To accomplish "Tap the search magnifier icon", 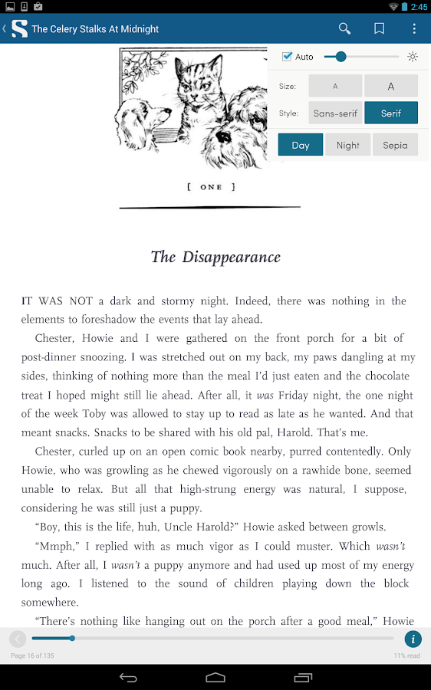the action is [345, 29].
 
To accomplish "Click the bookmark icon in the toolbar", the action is [379, 29].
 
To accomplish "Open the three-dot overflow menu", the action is [414, 29].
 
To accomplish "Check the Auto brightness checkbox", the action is [288, 57].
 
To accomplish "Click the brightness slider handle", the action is [341, 57].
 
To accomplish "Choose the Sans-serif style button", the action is [335, 113].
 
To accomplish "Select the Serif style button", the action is [391, 113].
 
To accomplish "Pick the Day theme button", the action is [301, 145].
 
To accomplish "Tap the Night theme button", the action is [347, 145].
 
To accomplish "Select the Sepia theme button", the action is [395, 145].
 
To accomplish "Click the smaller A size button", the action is [335, 86].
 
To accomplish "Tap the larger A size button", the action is [391, 86].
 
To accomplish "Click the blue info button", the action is [413, 639].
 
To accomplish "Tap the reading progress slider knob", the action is [72, 638].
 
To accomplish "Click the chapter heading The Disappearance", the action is [215, 257].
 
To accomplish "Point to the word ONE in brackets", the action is [211, 187].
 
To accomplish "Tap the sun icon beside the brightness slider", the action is [413, 57].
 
